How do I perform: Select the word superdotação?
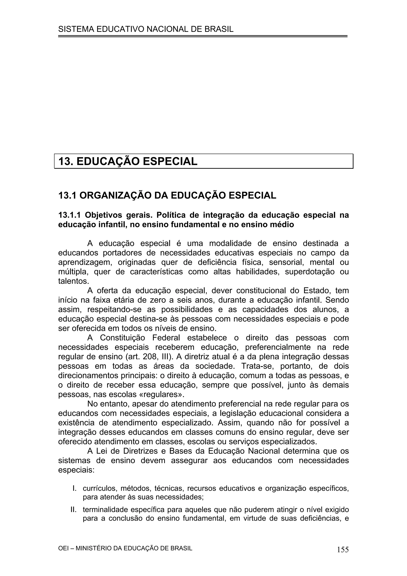(310, 272)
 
